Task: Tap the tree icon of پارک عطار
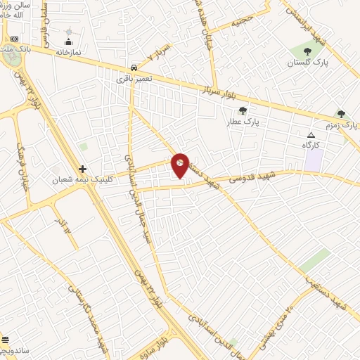(x=243, y=110)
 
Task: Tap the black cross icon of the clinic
(x=82, y=169)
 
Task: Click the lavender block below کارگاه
(x=313, y=158)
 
